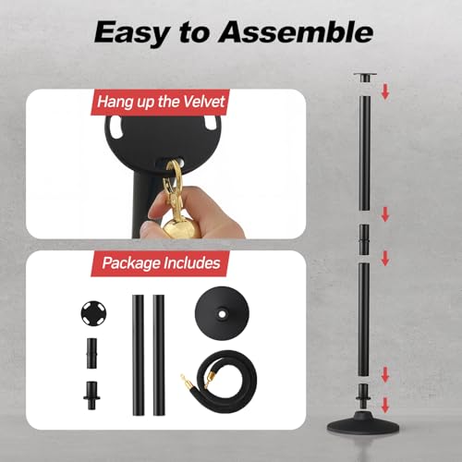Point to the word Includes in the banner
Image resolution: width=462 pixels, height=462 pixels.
189,263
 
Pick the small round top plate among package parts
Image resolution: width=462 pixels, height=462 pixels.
91,310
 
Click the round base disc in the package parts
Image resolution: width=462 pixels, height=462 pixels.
220,324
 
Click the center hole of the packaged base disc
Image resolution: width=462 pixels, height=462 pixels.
220,312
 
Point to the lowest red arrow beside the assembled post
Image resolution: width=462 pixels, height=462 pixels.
385,404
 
